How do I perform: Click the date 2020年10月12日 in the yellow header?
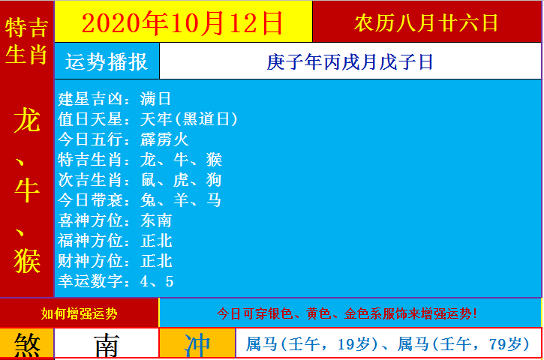[182, 22]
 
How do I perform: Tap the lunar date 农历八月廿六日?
[426, 22]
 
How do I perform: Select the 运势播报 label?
[107, 61]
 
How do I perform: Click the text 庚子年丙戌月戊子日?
[350, 61]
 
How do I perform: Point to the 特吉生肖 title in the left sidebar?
[27, 42]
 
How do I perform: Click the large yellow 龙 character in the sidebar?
[27, 120]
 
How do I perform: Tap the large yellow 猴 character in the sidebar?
[27, 259]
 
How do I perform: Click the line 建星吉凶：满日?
[115, 99]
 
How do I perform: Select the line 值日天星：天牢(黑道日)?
[148, 119]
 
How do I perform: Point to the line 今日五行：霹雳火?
[123, 139]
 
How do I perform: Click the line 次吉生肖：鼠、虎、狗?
[140, 180]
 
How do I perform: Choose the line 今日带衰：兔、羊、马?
[140, 200]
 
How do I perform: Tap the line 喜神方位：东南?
[115, 220]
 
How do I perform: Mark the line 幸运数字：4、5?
[116, 281]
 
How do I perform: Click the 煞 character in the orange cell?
[27, 345]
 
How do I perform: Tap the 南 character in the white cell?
[106, 345]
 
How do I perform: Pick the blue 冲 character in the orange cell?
[197, 345]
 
